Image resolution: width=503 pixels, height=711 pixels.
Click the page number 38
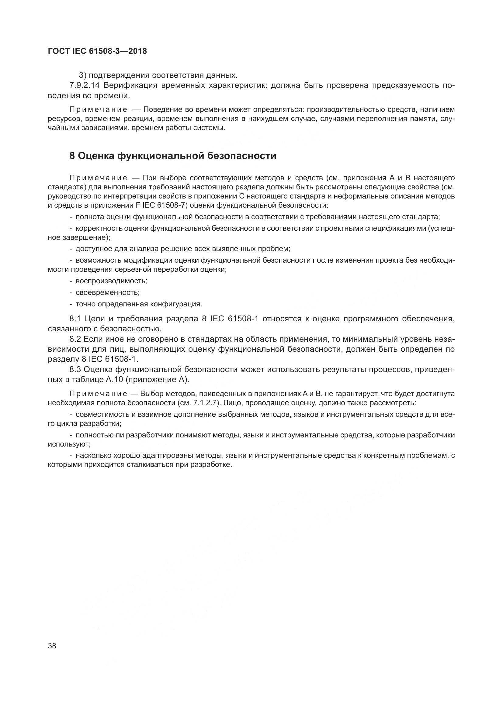click(52, 646)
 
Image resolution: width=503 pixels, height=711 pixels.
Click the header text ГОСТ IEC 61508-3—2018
click(98, 51)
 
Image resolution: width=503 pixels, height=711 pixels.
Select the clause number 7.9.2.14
click(84, 85)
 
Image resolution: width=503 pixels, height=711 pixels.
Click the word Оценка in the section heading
click(96, 156)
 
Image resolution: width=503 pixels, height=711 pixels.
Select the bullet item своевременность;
click(107, 292)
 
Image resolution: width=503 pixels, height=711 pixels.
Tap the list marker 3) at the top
click(82, 75)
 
